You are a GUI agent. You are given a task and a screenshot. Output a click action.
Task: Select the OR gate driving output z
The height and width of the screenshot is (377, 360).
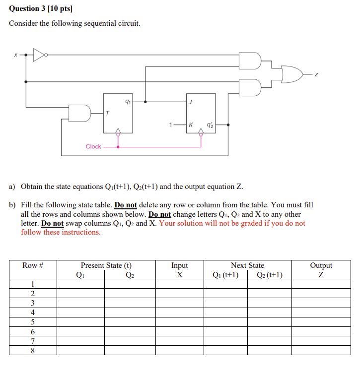[x=291, y=73]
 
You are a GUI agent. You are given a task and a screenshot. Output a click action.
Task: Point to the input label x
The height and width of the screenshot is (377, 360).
[x=15, y=55]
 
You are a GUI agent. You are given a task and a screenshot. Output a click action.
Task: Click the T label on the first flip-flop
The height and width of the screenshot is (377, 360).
[x=108, y=114]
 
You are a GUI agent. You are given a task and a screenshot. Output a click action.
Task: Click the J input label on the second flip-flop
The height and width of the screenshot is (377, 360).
[x=190, y=102]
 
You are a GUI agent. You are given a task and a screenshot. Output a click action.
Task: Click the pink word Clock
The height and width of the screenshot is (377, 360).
[x=93, y=147]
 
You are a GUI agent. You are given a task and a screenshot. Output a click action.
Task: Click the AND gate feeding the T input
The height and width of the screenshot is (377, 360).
[x=80, y=113]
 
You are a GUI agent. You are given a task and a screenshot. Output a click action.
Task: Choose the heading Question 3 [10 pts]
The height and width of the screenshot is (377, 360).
[x=37, y=8]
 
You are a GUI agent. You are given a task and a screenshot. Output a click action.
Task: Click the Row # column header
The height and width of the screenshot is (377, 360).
[x=33, y=266]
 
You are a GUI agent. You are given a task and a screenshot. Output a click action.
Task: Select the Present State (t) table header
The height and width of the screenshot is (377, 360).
[x=106, y=266]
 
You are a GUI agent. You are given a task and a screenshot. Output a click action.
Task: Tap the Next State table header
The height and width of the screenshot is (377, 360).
[x=247, y=266]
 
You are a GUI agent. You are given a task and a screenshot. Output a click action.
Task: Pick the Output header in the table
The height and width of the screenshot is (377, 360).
[x=321, y=266]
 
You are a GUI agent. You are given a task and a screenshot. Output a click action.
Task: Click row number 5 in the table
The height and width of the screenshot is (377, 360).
[x=33, y=322]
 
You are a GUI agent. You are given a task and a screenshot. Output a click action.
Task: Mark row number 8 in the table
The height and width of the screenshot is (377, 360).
[x=33, y=350]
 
